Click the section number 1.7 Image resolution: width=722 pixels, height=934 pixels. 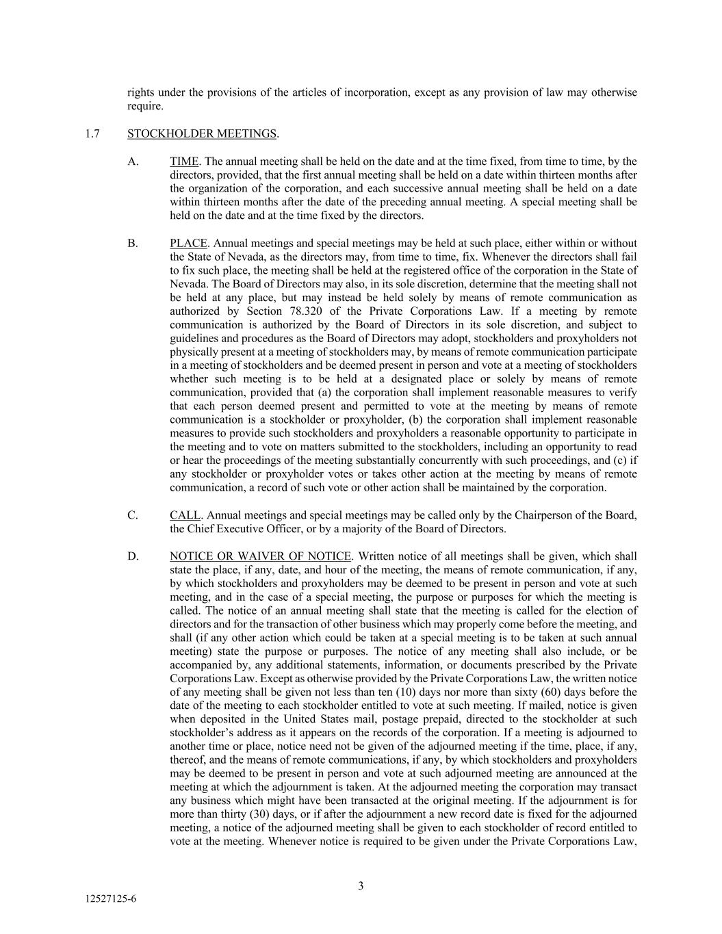tap(92, 133)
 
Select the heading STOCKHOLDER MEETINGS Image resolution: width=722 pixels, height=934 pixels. tap(202, 133)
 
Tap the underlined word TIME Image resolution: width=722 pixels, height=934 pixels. tap(184, 161)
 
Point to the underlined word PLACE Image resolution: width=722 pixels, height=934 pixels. tap(188, 243)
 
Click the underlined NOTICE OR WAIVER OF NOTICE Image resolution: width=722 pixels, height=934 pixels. tap(260, 556)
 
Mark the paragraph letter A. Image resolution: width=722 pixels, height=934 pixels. tap(133, 161)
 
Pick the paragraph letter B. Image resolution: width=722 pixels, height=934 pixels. tap(133, 243)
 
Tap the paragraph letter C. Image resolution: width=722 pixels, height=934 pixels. tap(133, 515)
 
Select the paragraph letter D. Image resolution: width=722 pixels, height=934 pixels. tap(133, 556)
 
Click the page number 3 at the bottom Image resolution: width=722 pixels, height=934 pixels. tap(361, 886)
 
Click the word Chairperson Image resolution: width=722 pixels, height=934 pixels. tap(543, 515)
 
